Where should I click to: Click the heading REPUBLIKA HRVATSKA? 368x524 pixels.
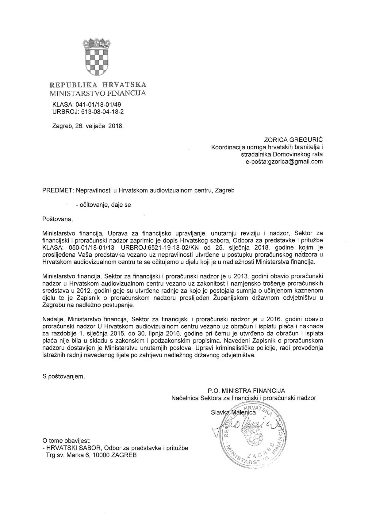pyautogui.click(x=98, y=85)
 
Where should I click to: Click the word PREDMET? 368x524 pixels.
pyautogui.click(x=57, y=190)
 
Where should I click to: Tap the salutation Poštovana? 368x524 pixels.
pyautogui.click(x=58, y=219)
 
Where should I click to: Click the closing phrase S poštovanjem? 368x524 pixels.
pyautogui.click(x=63, y=376)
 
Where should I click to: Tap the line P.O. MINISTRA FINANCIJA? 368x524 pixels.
pyautogui.click(x=246, y=391)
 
